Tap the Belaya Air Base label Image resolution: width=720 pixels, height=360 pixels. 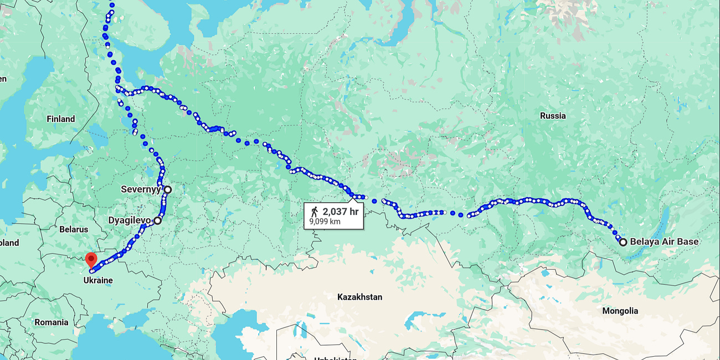click(664, 241)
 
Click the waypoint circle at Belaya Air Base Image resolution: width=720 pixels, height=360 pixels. click(623, 242)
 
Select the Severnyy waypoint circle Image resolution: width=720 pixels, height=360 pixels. click(167, 189)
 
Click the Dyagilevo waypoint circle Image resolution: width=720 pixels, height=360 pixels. click(157, 220)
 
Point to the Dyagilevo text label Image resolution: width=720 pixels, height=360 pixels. click(129, 220)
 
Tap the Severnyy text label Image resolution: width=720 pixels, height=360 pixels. click(141, 189)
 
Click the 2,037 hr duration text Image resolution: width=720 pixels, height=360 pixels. click(341, 212)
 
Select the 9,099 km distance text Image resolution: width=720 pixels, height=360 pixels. click(325, 222)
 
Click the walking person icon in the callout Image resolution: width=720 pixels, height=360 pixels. click(315, 212)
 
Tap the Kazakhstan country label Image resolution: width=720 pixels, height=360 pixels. click(359, 297)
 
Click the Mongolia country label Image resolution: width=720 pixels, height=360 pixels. click(620, 311)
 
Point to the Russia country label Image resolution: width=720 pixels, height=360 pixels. click(553, 116)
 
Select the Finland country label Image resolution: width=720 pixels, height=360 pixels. click(61, 119)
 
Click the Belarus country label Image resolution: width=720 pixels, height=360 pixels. click(74, 229)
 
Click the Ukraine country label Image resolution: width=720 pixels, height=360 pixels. click(98, 280)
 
